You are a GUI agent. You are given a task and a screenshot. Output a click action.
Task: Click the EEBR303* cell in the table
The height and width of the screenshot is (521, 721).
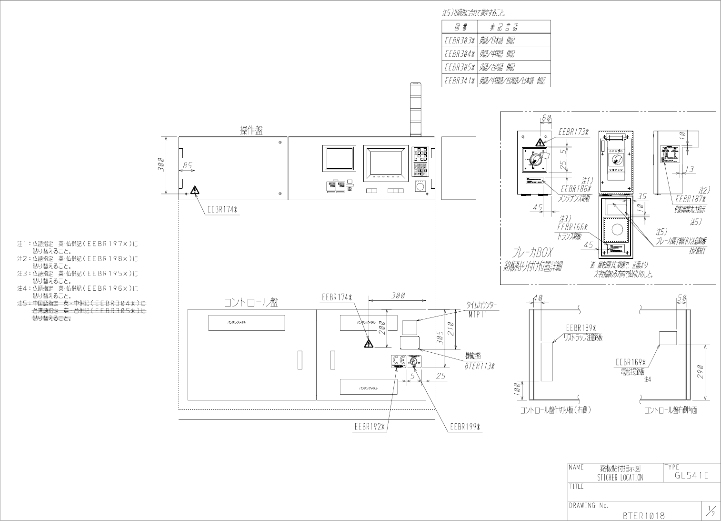pos(460,41)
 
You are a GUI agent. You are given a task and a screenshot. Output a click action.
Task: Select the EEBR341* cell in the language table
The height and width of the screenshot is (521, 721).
pos(460,81)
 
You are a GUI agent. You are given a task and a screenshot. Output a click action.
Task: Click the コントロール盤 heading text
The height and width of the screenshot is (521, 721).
pos(251,303)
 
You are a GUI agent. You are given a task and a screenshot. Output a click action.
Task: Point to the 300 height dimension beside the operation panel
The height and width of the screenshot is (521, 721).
pos(161,165)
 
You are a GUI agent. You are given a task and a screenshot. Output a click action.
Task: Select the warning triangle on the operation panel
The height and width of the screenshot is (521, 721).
pos(195,190)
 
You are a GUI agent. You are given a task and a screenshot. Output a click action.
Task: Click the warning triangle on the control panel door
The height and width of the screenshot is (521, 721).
pos(368,344)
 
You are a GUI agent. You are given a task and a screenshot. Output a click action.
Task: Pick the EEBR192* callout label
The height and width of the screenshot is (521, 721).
pos(369,427)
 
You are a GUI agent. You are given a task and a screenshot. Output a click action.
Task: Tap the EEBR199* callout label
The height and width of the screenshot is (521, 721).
pos(465,427)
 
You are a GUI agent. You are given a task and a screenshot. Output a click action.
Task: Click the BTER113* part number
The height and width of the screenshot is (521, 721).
pos(480,367)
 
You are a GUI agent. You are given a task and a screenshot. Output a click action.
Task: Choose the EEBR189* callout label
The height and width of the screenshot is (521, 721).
pos(581,328)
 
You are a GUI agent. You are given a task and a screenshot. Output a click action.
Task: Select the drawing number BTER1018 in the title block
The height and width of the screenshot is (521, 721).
pos(643,515)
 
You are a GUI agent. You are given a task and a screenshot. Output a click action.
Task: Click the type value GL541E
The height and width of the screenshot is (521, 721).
pos(691,475)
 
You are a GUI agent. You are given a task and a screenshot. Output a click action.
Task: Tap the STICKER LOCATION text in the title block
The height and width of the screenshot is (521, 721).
pos(620,478)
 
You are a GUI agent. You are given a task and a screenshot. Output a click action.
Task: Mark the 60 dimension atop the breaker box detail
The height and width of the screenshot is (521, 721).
pos(546,117)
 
